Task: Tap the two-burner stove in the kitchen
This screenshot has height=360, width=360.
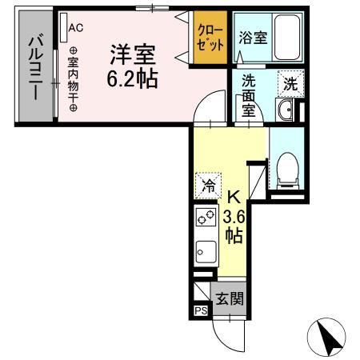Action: click(205, 217)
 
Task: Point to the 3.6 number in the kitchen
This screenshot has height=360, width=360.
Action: click(234, 215)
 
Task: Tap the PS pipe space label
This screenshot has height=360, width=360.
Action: click(198, 311)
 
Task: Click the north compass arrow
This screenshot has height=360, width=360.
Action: click(329, 336)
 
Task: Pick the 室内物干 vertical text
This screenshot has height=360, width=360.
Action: click(73, 74)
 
